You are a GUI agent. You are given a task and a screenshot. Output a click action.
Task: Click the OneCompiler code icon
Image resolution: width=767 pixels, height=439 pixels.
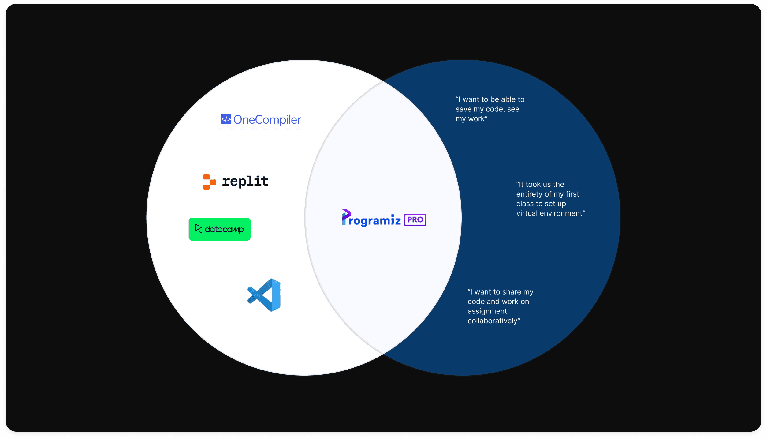tap(226, 119)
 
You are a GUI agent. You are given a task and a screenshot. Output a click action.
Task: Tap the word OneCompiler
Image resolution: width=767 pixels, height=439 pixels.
tap(267, 120)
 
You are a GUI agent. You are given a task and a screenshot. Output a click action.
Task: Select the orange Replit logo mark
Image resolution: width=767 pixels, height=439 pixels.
tap(209, 182)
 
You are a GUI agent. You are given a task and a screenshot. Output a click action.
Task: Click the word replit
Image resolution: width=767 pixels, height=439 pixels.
tap(245, 181)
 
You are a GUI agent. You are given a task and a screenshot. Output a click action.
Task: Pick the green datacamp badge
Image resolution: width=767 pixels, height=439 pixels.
tap(219, 229)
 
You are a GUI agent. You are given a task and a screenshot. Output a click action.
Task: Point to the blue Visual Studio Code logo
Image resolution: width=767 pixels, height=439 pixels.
tap(264, 295)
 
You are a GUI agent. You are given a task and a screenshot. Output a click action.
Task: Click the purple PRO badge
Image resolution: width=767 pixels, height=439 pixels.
tap(415, 220)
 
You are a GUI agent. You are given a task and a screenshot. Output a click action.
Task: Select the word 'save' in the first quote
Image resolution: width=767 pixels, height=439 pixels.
tap(464, 109)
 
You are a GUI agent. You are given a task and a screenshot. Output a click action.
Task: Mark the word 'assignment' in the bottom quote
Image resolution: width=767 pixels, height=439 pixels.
tap(487, 311)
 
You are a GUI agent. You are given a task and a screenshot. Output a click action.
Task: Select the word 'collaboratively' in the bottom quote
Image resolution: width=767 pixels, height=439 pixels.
tap(492, 321)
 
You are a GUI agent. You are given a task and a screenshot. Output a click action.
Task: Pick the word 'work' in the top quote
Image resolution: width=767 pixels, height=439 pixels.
tap(476, 119)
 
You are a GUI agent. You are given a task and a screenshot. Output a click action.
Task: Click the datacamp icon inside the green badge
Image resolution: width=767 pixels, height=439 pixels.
tap(199, 229)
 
